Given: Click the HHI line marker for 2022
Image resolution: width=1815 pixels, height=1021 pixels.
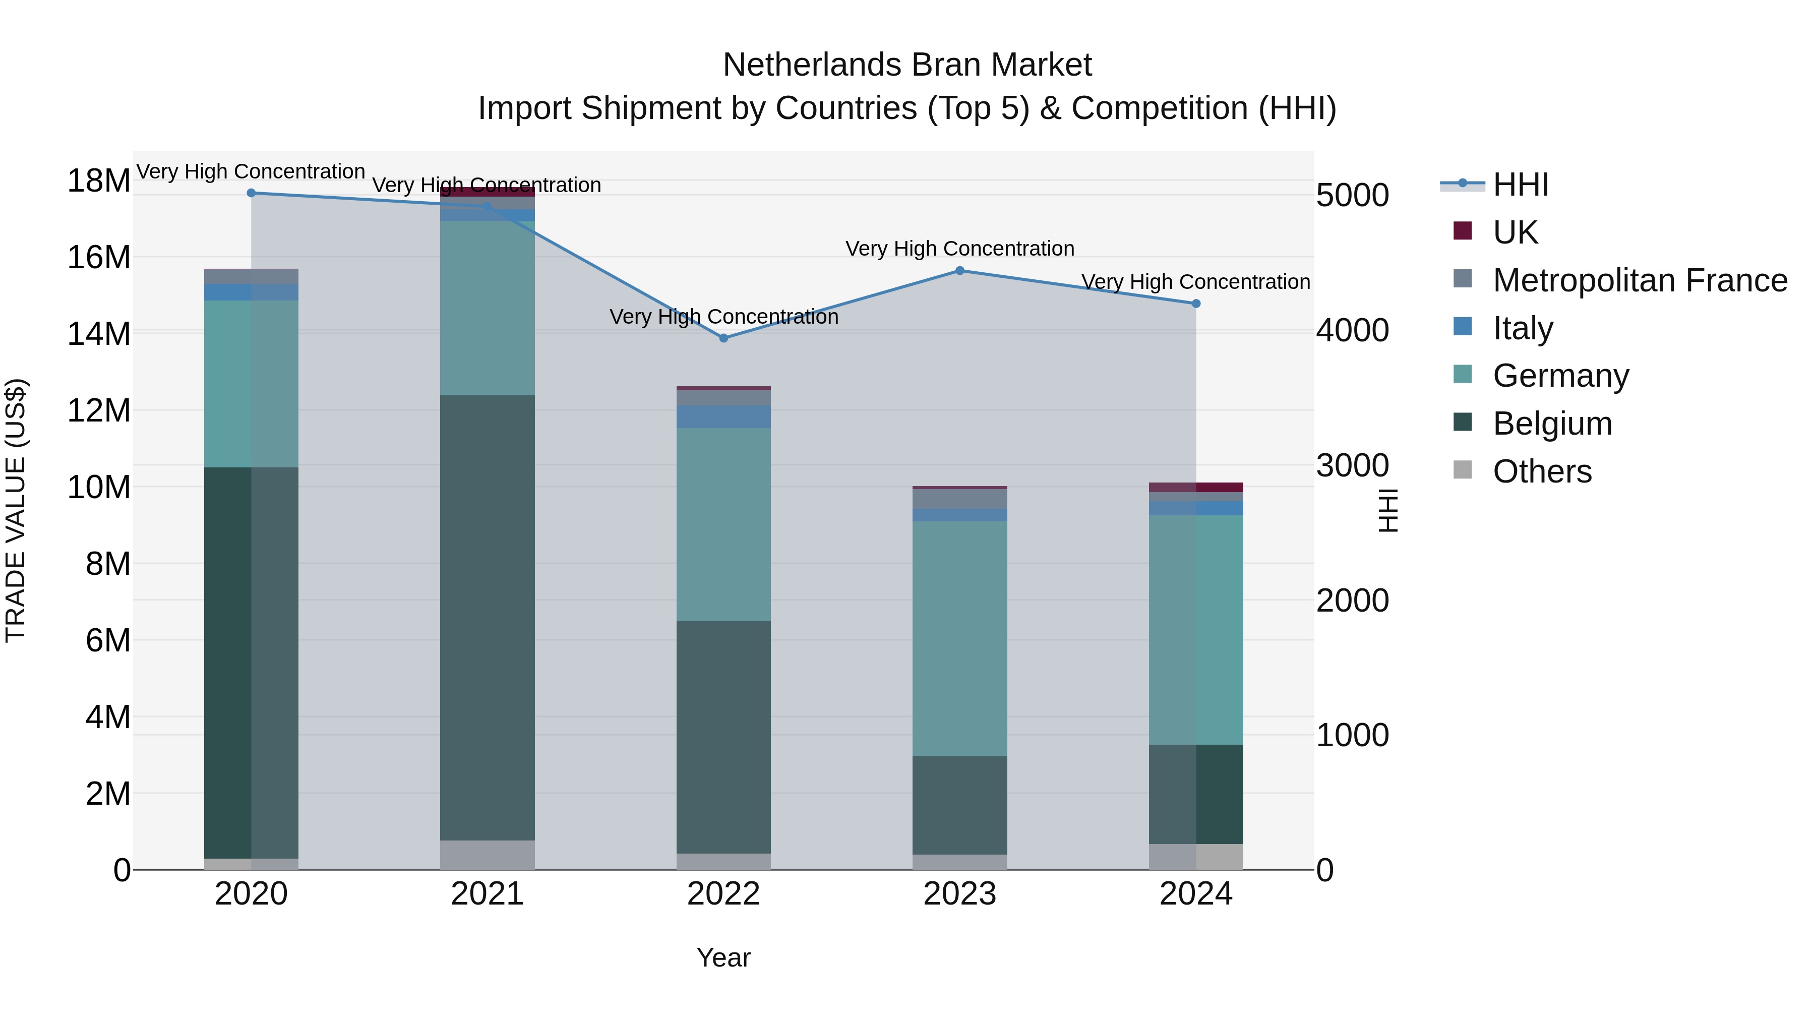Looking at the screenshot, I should [x=723, y=338].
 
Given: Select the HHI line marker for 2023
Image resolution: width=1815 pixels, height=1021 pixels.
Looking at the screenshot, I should [x=959, y=271].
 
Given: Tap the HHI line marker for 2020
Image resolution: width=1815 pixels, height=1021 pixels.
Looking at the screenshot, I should [x=252, y=193].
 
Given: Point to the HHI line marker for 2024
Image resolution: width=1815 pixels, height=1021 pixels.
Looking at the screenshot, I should [x=1196, y=304].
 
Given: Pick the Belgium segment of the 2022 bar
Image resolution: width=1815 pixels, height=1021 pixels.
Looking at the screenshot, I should [x=723, y=737].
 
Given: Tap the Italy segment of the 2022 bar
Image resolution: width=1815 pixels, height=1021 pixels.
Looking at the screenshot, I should [x=723, y=416].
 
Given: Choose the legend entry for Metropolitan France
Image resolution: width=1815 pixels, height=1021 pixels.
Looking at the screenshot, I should [x=1639, y=280].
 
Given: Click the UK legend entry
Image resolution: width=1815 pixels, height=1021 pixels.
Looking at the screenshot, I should [x=1515, y=232].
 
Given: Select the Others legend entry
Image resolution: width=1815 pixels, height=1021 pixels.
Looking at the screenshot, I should [x=1542, y=471].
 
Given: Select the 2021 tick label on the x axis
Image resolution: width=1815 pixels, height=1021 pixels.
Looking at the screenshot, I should [x=488, y=894].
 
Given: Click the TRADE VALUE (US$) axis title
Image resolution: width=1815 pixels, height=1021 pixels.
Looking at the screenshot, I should [x=16, y=510].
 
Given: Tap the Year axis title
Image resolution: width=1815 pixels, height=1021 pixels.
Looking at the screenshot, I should [x=723, y=957].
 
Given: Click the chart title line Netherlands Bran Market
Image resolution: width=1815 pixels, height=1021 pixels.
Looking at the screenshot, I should [x=907, y=65].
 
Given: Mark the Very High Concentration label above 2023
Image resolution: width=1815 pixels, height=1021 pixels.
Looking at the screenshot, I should [x=959, y=249].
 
